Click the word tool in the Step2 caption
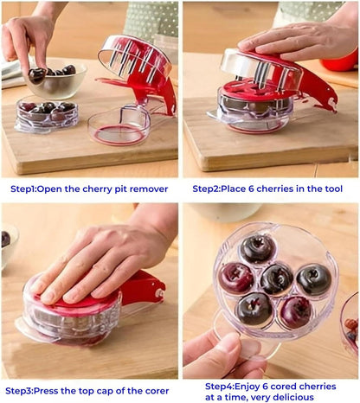pos(331,189)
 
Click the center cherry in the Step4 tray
pos(277,279)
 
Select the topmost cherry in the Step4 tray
pos(258,248)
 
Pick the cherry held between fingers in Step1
pos(36,75)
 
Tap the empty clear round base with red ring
pos(119,126)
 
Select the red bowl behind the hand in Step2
pos(340,63)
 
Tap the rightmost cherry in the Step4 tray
pos(314,279)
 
